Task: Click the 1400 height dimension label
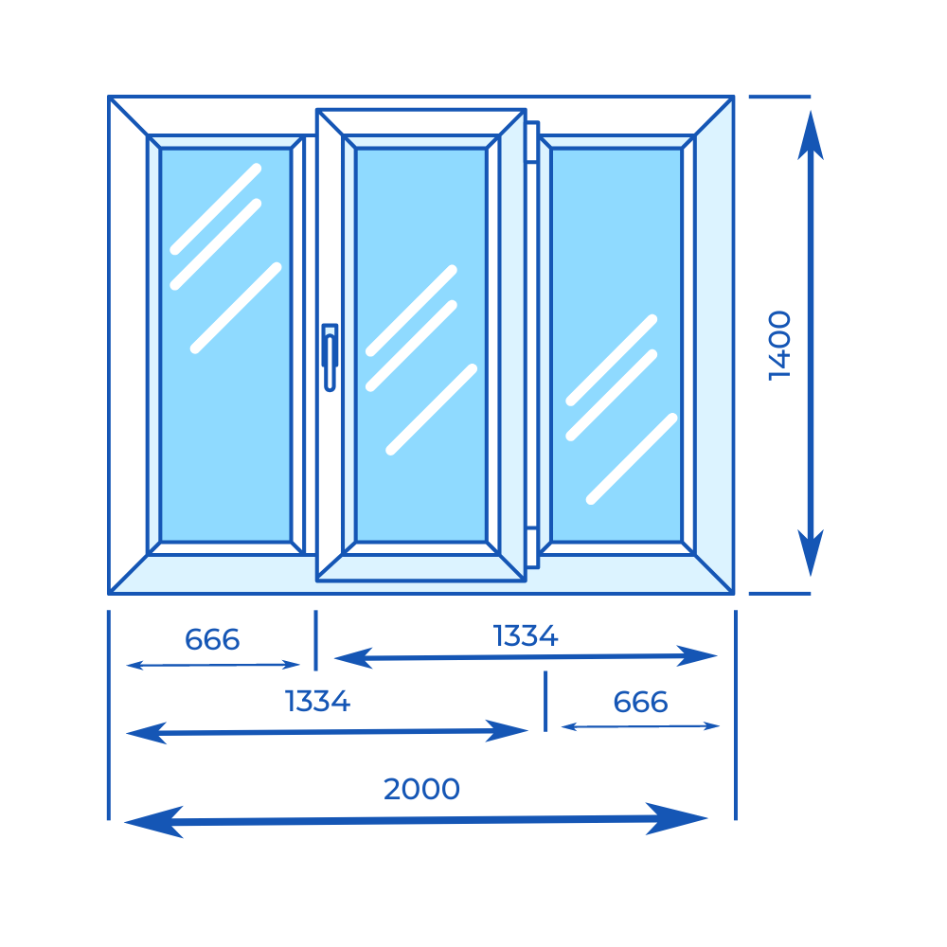tap(779, 345)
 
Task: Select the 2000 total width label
tap(421, 789)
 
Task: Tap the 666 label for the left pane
tap(212, 640)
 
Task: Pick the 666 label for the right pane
tap(640, 703)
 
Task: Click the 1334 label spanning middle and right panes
tap(526, 636)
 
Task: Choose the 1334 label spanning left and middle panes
tap(318, 702)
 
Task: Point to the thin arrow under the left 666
tap(213, 666)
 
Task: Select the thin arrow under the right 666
tap(640, 726)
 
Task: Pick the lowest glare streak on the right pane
tap(632, 458)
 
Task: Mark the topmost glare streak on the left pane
tap(215, 209)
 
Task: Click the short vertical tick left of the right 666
tap(545, 702)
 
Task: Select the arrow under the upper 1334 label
tap(527, 655)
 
